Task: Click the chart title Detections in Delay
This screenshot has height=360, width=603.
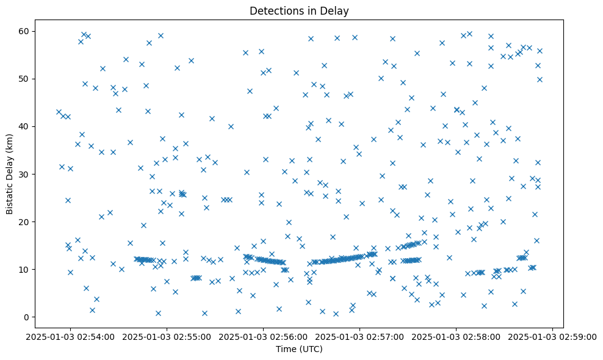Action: (299, 10)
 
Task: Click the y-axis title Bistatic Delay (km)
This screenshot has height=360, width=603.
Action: (10, 174)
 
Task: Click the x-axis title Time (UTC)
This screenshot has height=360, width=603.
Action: (299, 349)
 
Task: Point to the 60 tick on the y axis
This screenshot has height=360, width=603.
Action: (35, 31)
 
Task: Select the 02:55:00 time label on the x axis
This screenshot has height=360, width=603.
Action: (167, 336)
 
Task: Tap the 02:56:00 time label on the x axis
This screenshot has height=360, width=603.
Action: (263, 336)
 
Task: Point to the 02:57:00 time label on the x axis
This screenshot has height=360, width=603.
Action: (359, 336)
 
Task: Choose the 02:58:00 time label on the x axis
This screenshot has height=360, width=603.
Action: (456, 336)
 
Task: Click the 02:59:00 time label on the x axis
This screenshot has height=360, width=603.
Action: (552, 336)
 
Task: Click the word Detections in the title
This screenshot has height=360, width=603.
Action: (273, 10)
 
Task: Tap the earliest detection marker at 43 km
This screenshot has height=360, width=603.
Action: (59, 112)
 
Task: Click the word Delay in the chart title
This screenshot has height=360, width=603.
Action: (335, 10)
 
